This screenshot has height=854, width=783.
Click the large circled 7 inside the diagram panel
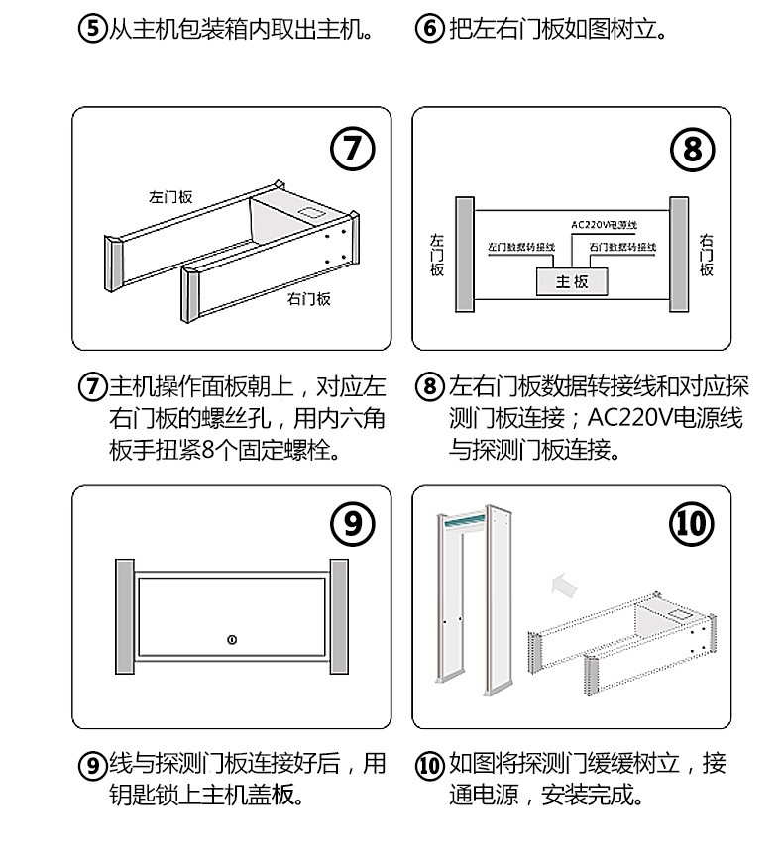353,149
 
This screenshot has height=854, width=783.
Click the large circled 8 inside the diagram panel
692,150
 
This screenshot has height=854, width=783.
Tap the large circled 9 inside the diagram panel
353,524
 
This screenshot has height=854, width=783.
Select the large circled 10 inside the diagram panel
692,524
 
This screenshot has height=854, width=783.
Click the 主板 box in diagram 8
572,281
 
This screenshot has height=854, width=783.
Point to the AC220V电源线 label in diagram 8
604,224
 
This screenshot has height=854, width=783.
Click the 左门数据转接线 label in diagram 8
521,247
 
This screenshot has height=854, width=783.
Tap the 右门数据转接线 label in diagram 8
622,247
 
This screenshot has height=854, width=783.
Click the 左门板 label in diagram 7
170,196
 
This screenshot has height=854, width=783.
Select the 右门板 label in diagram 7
309,298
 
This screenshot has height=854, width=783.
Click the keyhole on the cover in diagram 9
232,639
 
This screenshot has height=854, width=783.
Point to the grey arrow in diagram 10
564,585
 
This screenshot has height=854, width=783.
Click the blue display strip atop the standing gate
464,521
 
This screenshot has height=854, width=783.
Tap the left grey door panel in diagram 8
465,255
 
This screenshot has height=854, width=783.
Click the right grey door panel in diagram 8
679,255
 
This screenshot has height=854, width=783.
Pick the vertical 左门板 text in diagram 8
437,255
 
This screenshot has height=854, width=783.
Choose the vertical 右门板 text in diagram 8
706,255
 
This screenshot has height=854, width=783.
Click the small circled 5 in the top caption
92,28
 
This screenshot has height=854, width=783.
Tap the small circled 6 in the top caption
430,28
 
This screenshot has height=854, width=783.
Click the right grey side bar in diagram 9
339,616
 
